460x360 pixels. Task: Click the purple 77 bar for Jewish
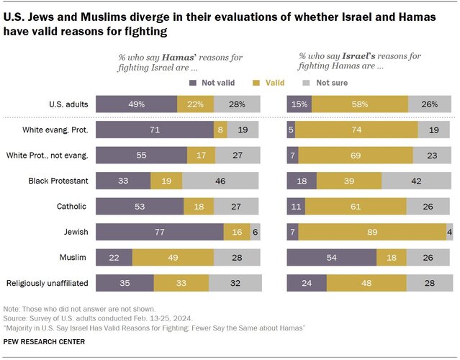[x=160, y=232]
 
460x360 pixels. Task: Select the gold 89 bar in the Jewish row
[x=372, y=232]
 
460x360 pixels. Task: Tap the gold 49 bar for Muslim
[x=173, y=257]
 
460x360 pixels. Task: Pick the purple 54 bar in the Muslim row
[x=332, y=257]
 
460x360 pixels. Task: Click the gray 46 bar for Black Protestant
[x=220, y=181]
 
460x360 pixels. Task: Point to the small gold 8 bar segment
[x=220, y=130]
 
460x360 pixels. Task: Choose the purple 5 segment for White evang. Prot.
[x=291, y=130]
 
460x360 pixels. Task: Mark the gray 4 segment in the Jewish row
[x=449, y=232]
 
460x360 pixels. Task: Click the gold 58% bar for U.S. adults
[x=360, y=104]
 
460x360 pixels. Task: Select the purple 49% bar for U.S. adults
[x=136, y=104]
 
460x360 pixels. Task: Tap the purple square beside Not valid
[x=193, y=83]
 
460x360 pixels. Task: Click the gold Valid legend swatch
[x=256, y=83]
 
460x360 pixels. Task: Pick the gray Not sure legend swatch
[x=306, y=83]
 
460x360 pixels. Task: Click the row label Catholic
[x=71, y=206]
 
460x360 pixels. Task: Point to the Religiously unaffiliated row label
[x=48, y=283]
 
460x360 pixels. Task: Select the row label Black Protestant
[x=58, y=181]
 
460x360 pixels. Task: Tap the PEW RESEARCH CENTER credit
[x=44, y=342]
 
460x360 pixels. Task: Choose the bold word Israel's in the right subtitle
[x=358, y=56]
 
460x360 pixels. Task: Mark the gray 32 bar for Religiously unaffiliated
[x=235, y=283]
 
